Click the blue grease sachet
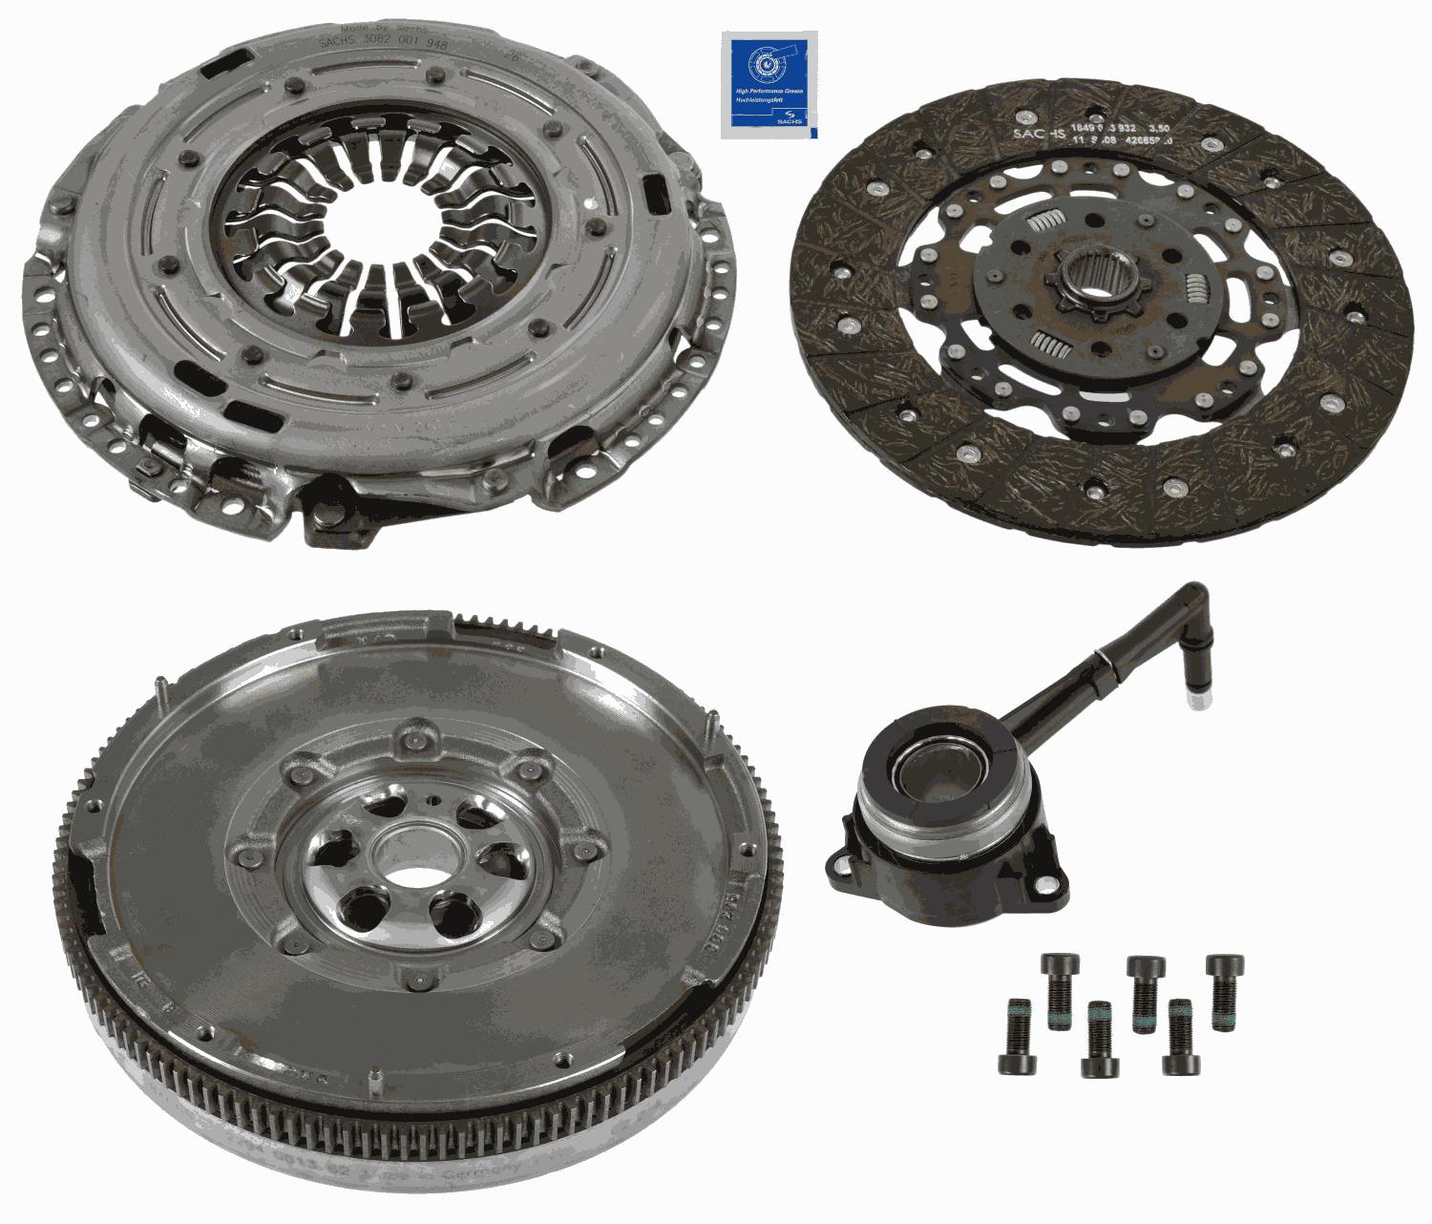tap(769, 85)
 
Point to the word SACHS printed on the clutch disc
tap(1035, 135)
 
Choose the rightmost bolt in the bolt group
tap(1224, 990)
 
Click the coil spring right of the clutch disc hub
tap(1195, 285)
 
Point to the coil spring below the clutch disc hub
tap(1050, 343)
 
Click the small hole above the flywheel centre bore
tap(434, 800)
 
